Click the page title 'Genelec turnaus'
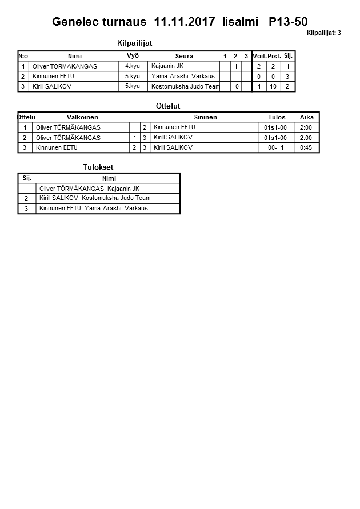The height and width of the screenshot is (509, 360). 100,22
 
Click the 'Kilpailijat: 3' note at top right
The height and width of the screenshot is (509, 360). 323,33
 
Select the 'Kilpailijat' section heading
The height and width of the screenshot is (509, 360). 134,43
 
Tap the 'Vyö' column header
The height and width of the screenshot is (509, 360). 133,56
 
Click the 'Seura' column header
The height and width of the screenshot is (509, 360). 184,56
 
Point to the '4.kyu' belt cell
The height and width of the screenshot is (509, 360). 133,66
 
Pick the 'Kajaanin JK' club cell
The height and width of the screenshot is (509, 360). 167,66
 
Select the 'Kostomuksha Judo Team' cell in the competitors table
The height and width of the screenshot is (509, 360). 185,86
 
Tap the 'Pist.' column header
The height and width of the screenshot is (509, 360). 274,56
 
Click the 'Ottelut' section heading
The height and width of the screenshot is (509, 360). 168,106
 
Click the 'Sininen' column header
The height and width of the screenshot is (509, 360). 205,117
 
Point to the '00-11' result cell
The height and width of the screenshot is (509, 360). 277,147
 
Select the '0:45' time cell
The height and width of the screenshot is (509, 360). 306,147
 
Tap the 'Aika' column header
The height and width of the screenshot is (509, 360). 307,117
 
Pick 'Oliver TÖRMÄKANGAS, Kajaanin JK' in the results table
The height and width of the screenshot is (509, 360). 89,189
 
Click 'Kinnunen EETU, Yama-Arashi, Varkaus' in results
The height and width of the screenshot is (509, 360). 93,209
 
